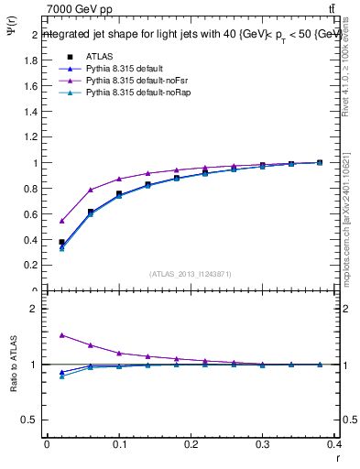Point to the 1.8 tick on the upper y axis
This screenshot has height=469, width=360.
click(x=32, y=61)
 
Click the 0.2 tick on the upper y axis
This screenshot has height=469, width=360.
click(x=32, y=266)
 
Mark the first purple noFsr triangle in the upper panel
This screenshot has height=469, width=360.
click(x=61, y=221)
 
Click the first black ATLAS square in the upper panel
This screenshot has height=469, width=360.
click(x=61, y=242)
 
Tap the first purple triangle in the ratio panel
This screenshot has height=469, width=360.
click(x=61, y=335)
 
